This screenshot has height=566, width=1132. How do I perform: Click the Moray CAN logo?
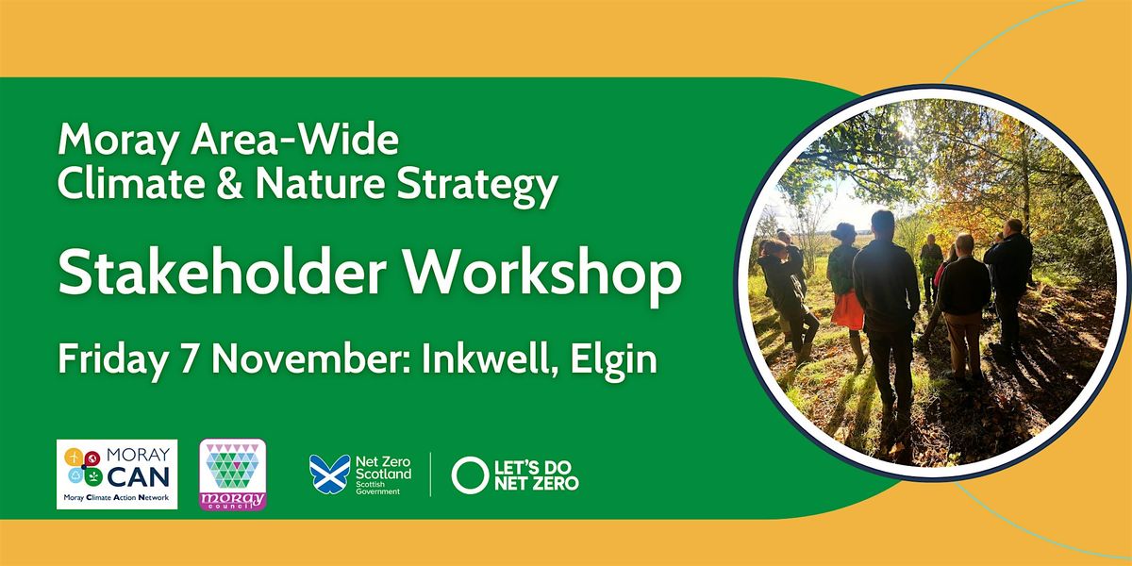pyautogui.click(x=117, y=474)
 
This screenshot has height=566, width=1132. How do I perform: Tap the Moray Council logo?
pyautogui.click(x=234, y=474)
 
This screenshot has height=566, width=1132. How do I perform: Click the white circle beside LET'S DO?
pyautogui.click(x=469, y=475)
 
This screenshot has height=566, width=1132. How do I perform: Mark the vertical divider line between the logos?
pyautogui.click(x=431, y=474)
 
